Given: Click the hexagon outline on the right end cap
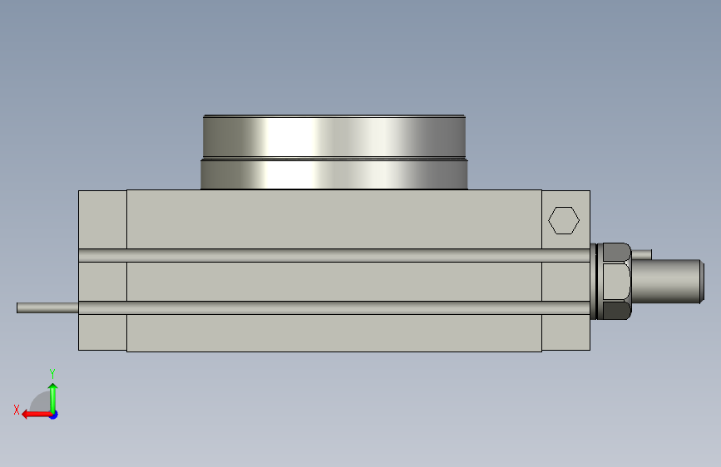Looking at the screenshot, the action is tap(549, 221).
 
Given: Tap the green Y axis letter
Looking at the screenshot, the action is tap(52, 373).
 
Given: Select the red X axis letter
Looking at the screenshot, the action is tap(17, 410).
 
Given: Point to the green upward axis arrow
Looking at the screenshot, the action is tap(53, 398).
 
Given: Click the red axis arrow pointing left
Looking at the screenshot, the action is tap(37, 415).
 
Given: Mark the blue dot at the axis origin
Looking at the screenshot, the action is tap(54, 415).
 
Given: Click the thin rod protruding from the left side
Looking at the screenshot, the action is tap(47, 308).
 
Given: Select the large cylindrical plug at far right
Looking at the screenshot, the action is tap(668, 282).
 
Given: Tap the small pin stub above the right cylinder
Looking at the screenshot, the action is tap(641, 254).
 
